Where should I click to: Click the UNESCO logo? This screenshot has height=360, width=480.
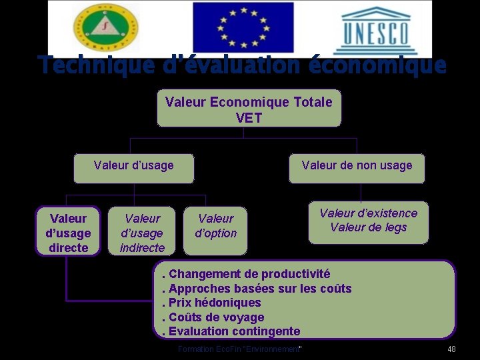click(x=377, y=30)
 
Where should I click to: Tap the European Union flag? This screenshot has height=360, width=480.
click(x=243, y=28)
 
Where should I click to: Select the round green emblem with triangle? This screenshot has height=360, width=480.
click(x=103, y=28)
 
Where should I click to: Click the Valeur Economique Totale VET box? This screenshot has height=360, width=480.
click(x=249, y=109)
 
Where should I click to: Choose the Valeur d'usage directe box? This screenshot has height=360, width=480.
click(x=68, y=233)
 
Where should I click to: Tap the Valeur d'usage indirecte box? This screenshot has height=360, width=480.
click(x=142, y=233)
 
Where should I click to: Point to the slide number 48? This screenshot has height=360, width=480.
click(x=451, y=350)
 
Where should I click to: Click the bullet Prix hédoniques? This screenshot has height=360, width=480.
click(x=214, y=303)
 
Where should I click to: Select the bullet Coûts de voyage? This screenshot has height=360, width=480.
click(x=216, y=317)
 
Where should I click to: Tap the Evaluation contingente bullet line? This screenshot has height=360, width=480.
click(x=233, y=331)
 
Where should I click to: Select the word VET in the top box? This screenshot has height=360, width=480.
click(x=249, y=119)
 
